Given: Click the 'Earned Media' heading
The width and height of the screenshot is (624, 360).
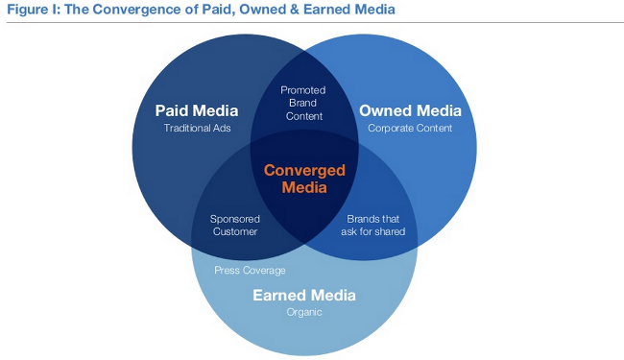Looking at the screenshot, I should click(303, 294).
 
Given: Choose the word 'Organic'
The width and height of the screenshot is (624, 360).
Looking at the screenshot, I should click(303, 312).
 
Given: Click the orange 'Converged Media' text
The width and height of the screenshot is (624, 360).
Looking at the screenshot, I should click(303, 179).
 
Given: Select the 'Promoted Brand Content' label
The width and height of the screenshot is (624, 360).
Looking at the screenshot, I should click(303, 103).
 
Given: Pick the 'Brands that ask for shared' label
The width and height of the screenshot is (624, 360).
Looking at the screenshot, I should click(373, 225).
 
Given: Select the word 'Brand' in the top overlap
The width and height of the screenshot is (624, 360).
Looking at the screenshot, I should click(303, 103).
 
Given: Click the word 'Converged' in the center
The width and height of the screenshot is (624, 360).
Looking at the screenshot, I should click(303, 170).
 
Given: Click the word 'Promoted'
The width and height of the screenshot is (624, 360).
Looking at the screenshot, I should click(303, 89).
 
